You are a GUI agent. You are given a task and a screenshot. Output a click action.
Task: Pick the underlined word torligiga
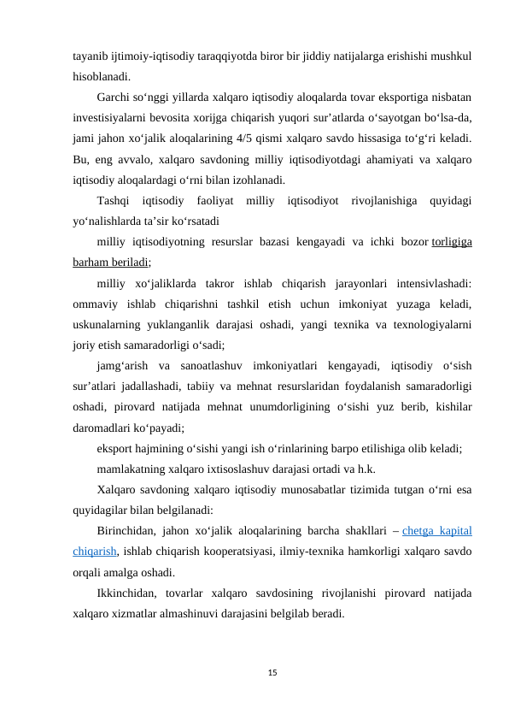453,242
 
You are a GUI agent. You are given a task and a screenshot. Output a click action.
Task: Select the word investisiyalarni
116,117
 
